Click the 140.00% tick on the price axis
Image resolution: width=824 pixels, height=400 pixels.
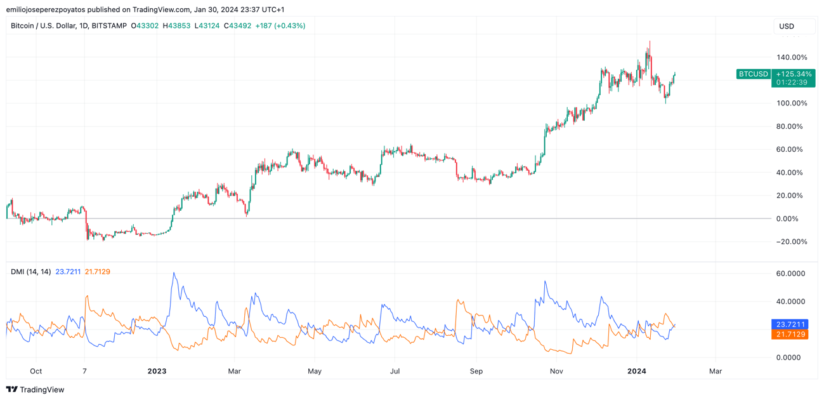click(792, 57)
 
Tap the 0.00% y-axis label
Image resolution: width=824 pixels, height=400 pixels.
click(792, 218)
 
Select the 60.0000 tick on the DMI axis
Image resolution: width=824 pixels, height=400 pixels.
click(790, 274)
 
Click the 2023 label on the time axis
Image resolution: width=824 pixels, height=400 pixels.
click(156, 371)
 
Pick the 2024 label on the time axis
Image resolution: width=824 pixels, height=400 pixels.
click(636, 371)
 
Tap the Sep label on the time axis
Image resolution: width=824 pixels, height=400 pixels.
click(476, 371)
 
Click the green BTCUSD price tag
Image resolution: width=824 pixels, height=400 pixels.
click(753, 74)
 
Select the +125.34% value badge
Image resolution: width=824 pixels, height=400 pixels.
click(794, 74)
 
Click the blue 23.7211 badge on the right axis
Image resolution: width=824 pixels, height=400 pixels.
click(790, 324)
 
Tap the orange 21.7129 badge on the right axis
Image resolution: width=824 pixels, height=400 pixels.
click(790, 335)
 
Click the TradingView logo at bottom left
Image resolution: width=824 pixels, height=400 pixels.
click(36, 390)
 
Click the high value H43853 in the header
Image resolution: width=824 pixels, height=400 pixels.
click(176, 26)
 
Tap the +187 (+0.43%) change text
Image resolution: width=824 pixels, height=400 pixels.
click(280, 26)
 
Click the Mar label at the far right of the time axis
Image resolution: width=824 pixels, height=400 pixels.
click(716, 371)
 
